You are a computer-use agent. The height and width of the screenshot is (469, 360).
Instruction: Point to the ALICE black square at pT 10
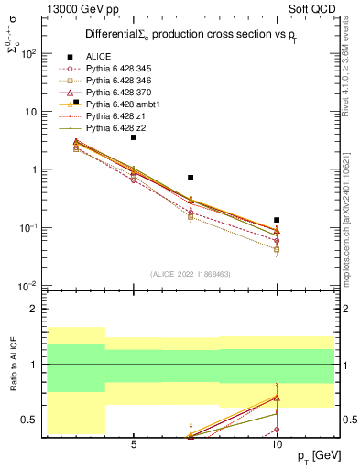click(x=277, y=220)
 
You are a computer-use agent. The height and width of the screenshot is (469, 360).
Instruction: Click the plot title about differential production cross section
click(x=180, y=34)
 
